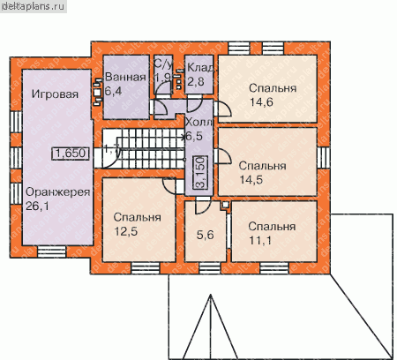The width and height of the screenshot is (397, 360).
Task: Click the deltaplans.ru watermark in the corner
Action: [x=33, y=6]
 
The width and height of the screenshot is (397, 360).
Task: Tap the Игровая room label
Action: [x=55, y=94]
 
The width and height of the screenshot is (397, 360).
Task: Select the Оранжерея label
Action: [x=57, y=192]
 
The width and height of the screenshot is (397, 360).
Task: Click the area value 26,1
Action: [x=37, y=206]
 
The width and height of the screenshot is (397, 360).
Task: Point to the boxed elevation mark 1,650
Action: [x=71, y=153]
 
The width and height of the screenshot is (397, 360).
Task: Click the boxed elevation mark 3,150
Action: [x=201, y=172]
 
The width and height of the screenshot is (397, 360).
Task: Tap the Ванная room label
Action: [x=125, y=77]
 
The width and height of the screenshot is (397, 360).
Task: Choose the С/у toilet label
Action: [x=163, y=64]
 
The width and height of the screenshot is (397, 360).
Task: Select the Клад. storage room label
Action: [x=201, y=68]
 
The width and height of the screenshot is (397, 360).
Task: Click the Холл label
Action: [x=198, y=122]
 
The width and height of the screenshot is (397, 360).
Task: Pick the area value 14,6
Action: [x=261, y=102]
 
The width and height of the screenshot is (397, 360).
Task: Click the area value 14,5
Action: [x=251, y=179]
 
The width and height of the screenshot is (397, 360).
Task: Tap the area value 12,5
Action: [x=126, y=231]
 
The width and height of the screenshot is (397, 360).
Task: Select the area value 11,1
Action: [x=260, y=240]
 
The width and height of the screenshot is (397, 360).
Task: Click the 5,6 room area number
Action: [x=206, y=235]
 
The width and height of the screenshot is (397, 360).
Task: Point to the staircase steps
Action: [x=148, y=149]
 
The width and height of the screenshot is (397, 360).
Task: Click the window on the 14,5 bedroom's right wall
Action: [x=323, y=157]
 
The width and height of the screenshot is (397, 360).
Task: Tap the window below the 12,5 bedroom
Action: [x=146, y=268]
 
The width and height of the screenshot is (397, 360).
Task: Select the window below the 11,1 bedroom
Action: [x=274, y=268]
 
